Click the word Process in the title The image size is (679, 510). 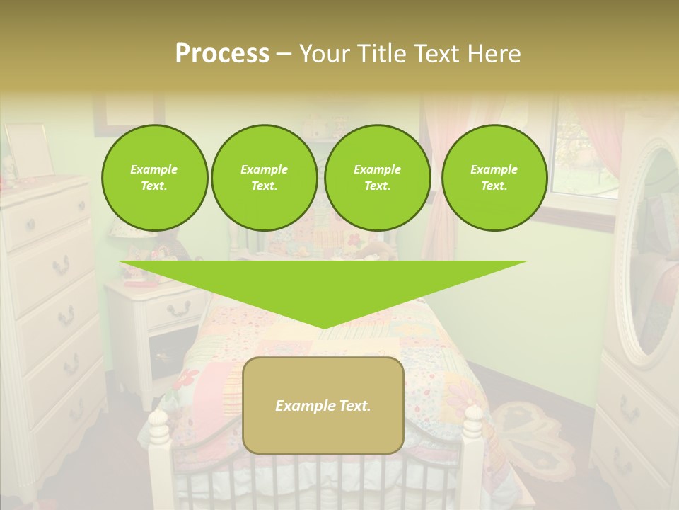[x=222, y=53]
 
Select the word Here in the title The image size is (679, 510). [x=493, y=53]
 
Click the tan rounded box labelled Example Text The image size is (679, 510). [x=323, y=405]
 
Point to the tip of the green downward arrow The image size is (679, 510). [x=323, y=327]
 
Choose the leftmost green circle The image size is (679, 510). [x=154, y=178]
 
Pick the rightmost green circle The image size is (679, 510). [x=494, y=178]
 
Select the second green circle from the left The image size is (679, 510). [x=264, y=178]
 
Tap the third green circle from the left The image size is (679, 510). [x=377, y=178]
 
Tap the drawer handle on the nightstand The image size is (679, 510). [x=179, y=308]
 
